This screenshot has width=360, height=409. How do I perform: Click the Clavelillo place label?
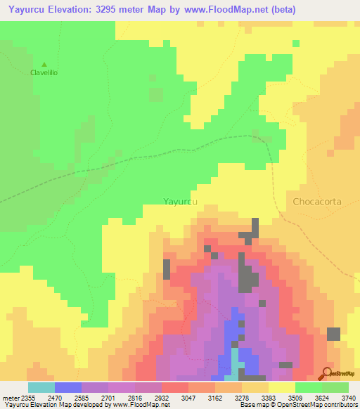(x=43, y=72)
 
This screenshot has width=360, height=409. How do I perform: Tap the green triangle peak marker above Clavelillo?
(x=44, y=63)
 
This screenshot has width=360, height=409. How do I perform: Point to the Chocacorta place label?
(x=316, y=201)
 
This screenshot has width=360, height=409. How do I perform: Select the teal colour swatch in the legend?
(x=41, y=387)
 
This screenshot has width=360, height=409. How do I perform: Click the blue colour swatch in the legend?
(x=68, y=387)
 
